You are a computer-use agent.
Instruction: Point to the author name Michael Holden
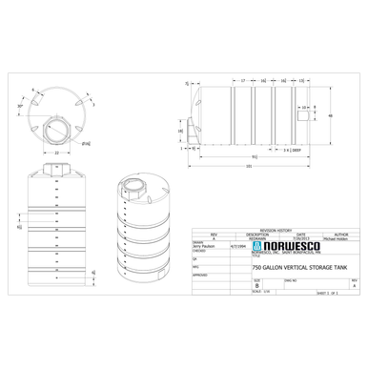click(x=339, y=238)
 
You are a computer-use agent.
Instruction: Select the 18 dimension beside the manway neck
click(x=180, y=132)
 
